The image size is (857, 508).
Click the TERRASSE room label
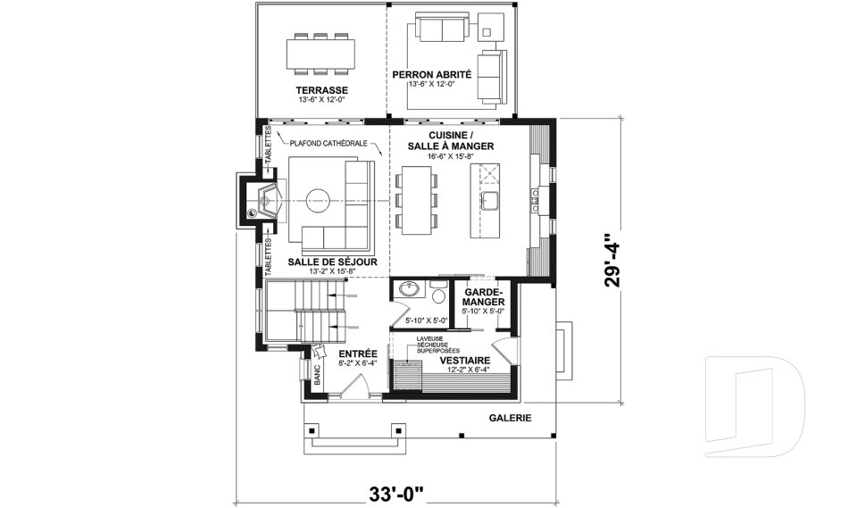[x=321, y=91]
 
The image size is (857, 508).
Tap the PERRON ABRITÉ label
[x=432, y=75]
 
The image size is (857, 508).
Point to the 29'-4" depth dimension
[x=611, y=261]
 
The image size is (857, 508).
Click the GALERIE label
[x=510, y=417]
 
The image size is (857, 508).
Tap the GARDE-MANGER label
[x=484, y=297]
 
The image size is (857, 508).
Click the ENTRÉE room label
[x=356, y=354]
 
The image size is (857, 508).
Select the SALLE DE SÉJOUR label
[x=331, y=262]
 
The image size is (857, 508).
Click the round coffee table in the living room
[x=318, y=198]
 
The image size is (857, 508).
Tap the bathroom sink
[x=410, y=290]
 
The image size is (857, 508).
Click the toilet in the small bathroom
[x=438, y=294]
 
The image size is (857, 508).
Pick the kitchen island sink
[x=488, y=198]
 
